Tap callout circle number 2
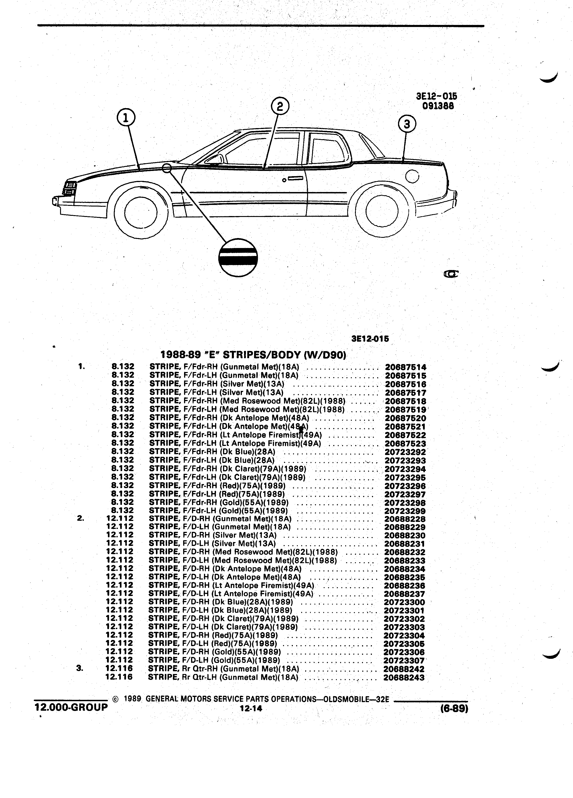pos(280,106)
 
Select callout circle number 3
pos(407,124)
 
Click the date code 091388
pos(438,106)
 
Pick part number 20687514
pos(405,367)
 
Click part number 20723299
pos(405,511)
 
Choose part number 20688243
pos(404,677)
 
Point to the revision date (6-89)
pos(454,708)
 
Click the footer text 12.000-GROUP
pos(71,707)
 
